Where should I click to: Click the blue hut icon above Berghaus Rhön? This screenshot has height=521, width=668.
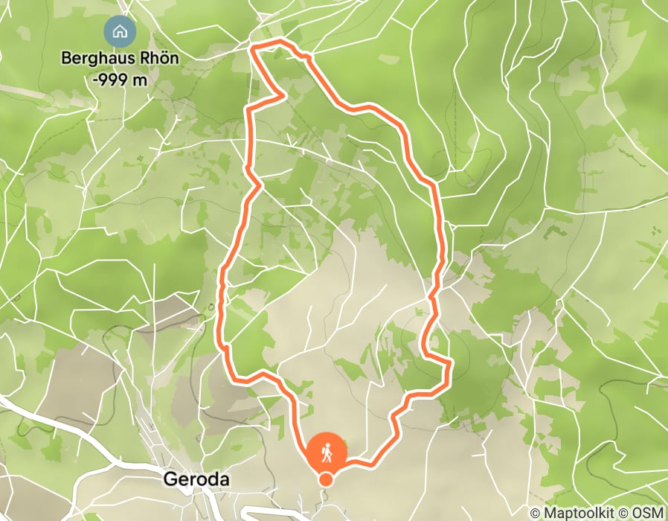[118, 32]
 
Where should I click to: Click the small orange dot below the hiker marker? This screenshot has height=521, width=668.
[326, 479]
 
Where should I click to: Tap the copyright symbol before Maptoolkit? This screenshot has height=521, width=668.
[535, 513]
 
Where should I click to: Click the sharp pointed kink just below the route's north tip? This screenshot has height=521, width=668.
[285, 95]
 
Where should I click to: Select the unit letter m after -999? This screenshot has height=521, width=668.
[141, 80]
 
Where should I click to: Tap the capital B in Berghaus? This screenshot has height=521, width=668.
[66, 57]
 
